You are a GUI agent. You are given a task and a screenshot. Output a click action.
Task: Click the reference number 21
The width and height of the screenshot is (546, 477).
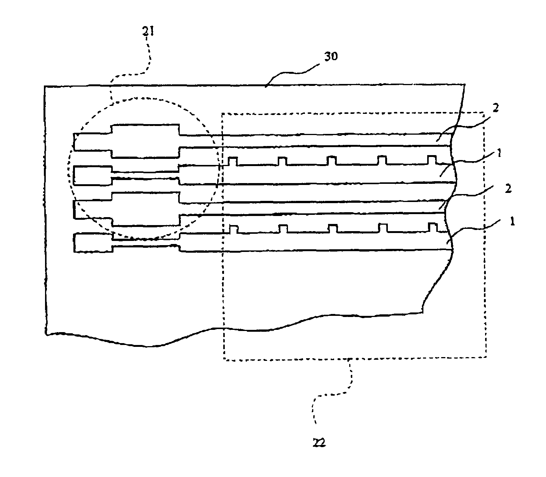[x=148, y=31]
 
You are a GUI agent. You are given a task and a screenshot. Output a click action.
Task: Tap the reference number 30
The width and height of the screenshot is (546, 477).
[x=331, y=56]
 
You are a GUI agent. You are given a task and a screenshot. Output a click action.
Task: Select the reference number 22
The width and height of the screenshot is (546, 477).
[x=319, y=443]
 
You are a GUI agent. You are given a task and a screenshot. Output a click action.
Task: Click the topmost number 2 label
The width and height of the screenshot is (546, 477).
[x=496, y=108]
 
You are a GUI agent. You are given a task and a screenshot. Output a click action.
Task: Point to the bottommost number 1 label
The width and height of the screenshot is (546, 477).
[x=512, y=221]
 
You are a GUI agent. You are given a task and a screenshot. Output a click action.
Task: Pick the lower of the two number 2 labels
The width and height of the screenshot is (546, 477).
[x=509, y=189]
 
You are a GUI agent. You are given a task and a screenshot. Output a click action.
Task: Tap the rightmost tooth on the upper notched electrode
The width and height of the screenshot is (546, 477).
[x=432, y=160]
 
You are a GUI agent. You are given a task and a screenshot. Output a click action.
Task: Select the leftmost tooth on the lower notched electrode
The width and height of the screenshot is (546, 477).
[x=234, y=230]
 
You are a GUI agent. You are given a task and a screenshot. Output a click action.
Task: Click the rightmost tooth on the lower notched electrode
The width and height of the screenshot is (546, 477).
[x=433, y=227]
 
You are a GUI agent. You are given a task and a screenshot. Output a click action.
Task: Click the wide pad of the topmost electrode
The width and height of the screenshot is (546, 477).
[x=145, y=141]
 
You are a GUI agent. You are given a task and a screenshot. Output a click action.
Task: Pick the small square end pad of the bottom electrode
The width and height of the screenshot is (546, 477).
[x=93, y=242]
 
